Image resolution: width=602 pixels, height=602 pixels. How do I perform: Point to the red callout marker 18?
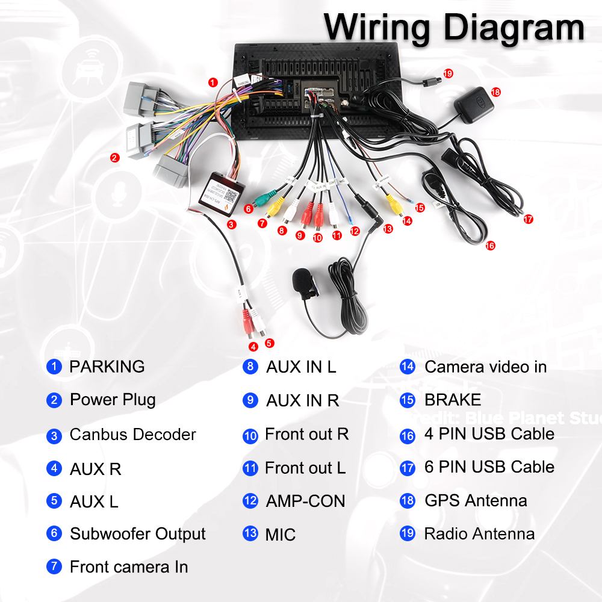tap(495, 92)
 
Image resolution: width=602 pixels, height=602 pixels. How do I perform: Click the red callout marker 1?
tap(212, 82)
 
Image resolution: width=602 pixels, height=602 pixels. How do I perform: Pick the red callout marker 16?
tap(490, 246)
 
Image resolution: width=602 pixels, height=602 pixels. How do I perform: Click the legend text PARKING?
tap(107, 367)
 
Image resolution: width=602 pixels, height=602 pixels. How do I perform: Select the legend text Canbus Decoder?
tap(132, 435)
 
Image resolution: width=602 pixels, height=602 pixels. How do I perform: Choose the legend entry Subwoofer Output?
tap(138, 534)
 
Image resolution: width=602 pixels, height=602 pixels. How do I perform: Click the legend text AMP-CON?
tap(305, 501)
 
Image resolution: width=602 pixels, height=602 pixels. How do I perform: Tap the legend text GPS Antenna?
tap(476, 501)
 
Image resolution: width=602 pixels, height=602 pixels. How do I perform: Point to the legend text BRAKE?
tap(453, 400)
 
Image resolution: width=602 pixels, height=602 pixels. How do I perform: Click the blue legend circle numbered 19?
tap(408, 533)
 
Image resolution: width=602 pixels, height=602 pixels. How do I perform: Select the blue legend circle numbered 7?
tap(54, 566)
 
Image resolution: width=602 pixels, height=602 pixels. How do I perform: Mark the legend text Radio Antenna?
tap(479, 534)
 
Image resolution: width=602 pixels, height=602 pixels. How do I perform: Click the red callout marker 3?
tap(231, 224)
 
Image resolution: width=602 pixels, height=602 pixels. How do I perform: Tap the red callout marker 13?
tap(387, 229)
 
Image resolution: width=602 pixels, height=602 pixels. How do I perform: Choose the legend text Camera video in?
tap(485, 367)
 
